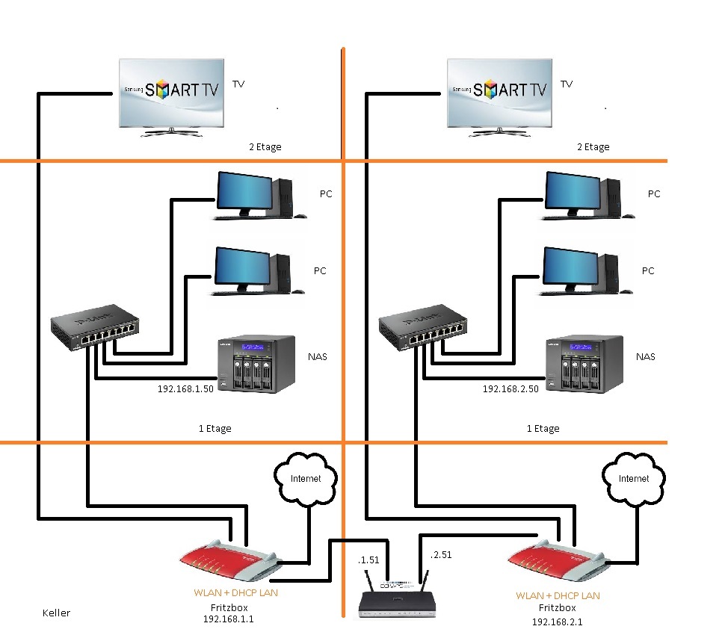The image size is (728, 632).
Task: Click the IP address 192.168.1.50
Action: (185, 388)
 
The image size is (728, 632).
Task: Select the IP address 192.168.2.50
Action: (510, 388)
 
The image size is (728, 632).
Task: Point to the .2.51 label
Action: (441, 554)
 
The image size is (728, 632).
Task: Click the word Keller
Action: (56, 613)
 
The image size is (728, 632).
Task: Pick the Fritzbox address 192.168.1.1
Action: (229, 619)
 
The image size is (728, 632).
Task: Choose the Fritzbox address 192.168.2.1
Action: (558, 622)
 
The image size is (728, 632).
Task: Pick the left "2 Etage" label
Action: (265, 147)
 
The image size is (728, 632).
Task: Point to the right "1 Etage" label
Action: (543, 429)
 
